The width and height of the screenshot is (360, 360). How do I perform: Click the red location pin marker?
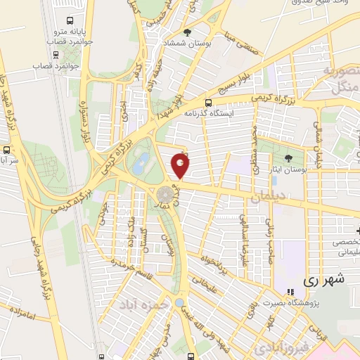click(181, 165)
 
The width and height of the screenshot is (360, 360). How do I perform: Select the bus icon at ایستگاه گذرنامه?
click(207, 102)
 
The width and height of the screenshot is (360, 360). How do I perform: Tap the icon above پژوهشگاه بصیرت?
click(290, 292)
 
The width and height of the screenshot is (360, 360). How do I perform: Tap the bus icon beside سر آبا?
click(6, 149)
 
